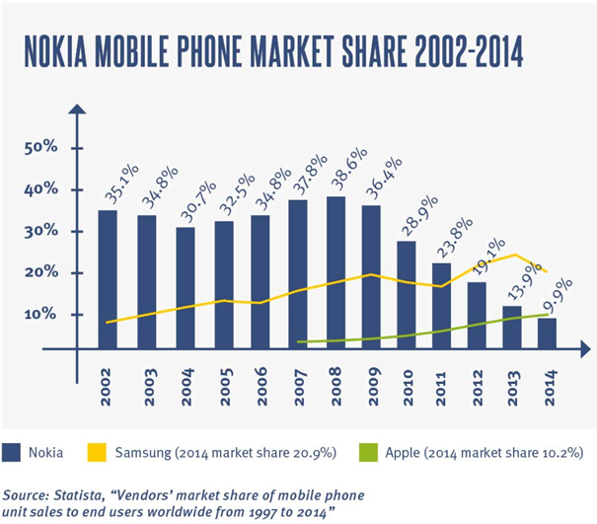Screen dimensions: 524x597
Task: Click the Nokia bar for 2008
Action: point(336,271)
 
